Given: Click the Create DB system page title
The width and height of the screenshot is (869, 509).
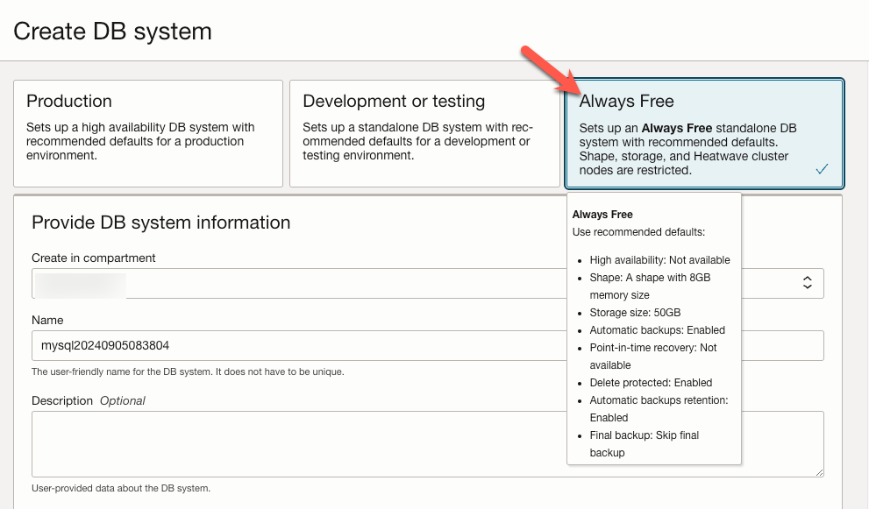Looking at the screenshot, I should point(112,32).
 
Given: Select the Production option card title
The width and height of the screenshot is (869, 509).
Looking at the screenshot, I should point(69,102).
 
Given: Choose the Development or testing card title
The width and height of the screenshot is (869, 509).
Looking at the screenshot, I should point(394,102).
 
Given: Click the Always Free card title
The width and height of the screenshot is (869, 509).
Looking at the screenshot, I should point(626,102).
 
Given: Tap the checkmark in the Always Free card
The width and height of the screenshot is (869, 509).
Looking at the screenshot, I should point(822,169).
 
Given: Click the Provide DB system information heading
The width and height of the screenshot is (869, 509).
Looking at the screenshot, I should point(160,223).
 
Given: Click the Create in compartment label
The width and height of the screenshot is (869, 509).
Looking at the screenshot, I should point(94,258).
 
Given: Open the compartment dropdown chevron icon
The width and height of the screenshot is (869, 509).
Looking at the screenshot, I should point(807,282).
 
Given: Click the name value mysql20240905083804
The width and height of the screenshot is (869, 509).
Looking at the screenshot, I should point(105,345).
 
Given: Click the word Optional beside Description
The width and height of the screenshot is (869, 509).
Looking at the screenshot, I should point(122,400).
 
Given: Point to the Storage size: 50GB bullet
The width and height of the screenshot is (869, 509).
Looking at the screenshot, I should point(635,313).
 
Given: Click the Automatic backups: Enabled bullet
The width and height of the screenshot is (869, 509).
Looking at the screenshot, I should point(657,330).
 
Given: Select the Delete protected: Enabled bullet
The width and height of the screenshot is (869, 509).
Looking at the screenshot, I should point(651,383).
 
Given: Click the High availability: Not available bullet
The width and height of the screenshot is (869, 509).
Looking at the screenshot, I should point(659,260).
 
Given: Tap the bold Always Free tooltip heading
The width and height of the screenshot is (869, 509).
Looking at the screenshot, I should point(602,215).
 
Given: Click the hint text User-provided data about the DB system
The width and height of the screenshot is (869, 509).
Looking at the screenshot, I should point(121,488).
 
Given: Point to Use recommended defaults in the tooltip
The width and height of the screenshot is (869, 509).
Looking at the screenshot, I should point(638,232).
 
